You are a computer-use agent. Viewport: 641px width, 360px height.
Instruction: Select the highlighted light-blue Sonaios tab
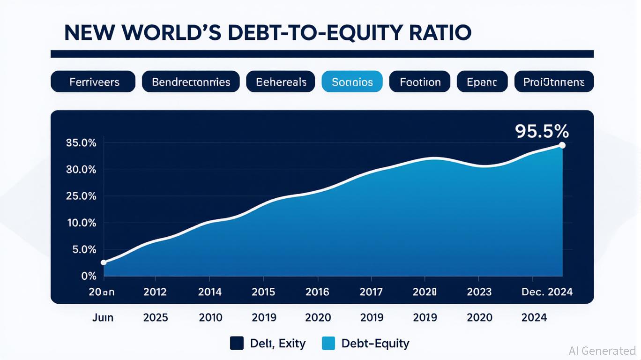[352, 82]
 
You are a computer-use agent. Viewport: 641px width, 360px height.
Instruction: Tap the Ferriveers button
[94, 82]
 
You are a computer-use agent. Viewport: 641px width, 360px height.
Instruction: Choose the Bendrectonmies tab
[191, 82]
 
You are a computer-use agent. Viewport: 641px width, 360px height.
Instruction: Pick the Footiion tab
[420, 82]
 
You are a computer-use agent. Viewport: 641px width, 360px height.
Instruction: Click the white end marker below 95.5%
[562, 145]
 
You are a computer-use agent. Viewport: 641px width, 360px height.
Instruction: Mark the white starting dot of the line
[104, 262]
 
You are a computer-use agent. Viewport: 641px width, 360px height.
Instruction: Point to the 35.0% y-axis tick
[82, 143]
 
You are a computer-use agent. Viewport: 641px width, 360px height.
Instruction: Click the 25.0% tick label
[82, 196]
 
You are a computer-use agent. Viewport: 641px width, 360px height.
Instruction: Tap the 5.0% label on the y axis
[84, 249]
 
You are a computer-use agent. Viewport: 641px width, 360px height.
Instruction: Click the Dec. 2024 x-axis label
[547, 292]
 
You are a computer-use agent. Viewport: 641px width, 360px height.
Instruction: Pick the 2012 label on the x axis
[155, 292]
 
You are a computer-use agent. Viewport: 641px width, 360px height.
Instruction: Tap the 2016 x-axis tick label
[317, 292]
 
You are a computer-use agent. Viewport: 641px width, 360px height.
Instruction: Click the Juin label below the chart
[102, 317]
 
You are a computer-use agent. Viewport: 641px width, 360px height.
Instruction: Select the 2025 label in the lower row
[156, 317]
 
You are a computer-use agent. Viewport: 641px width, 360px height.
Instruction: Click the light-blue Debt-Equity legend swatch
[329, 344]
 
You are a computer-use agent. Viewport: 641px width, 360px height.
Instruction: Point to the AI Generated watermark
[602, 350]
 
